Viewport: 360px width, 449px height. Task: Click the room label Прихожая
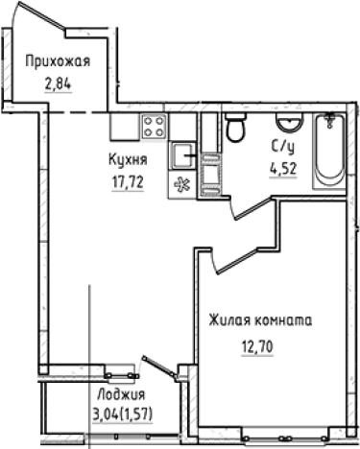coord(58,63)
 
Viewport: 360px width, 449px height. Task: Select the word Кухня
coord(127,162)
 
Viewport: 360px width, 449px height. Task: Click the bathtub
coord(329,149)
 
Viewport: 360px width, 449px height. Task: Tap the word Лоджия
coord(122,395)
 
